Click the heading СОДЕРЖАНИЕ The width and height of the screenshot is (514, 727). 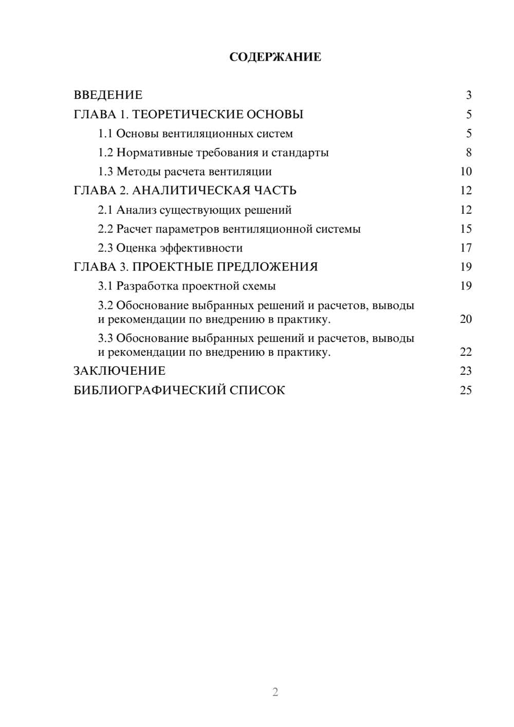pyautogui.click(x=275, y=57)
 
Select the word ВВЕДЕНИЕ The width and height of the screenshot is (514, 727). pyautogui.click(x=108, y=95)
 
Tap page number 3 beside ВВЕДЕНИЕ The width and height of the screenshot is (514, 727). pyautogui.click(x=469, y=95)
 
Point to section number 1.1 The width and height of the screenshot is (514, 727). pyautogui.click(x=105, y=134)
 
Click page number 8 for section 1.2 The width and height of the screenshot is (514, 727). pyautogui.click(x=469, y=153)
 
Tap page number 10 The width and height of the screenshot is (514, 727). pyautogui.click(x=466, y=172)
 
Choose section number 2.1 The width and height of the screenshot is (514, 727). pyautogui.click(x=105, y=210)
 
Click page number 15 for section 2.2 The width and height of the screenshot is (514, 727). pyautogui.click(x=466, y=229)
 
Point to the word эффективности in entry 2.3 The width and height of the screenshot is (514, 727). pyautogui.click(x=201, y=248)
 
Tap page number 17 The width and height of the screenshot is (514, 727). pyautogui.click(x=466, y=248)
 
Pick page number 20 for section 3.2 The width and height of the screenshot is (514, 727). pyautogui.click(x=466, y=319)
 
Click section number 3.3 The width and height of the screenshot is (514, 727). pyautogui.click(x=105, y=338)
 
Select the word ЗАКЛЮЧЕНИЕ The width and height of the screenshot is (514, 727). pyautogui.click(x=120, y=371)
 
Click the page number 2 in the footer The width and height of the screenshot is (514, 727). pyautogui.click(x=275, y=692)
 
